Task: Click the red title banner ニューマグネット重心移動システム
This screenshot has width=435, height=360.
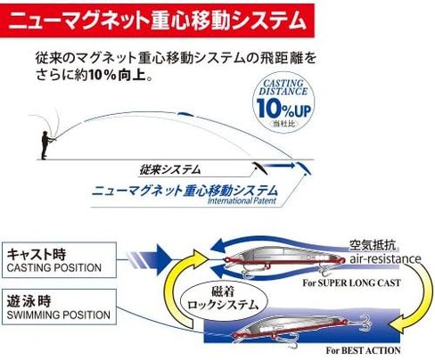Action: [x=157, y=20]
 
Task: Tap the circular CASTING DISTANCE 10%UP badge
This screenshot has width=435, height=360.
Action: [x=283, y=102]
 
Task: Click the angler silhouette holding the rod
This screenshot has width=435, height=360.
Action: [x=45, y=144]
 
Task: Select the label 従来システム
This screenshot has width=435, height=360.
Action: [x=170, y=169]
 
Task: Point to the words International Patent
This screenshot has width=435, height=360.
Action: [x=242, y=200]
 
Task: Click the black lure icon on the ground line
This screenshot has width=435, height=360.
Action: [x=259, y=168]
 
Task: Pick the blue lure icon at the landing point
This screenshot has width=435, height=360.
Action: [x=304, y=168]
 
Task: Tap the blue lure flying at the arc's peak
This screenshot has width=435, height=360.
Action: [x=185, y=114]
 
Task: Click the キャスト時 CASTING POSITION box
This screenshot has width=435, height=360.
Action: [x=59, y=260]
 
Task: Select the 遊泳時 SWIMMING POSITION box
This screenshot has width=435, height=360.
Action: [x=59, y=307]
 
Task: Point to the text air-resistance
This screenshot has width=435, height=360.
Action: [x=385, y=258]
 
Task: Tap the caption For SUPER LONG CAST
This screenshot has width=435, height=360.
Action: [x=351, y=282]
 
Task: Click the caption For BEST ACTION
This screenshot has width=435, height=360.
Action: [x=363, y=350]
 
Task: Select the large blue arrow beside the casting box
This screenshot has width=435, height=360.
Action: [x=149, y=259]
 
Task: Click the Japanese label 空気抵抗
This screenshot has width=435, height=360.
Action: [x=373, y=245]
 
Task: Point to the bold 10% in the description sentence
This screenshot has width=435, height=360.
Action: [x=102, y=76]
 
